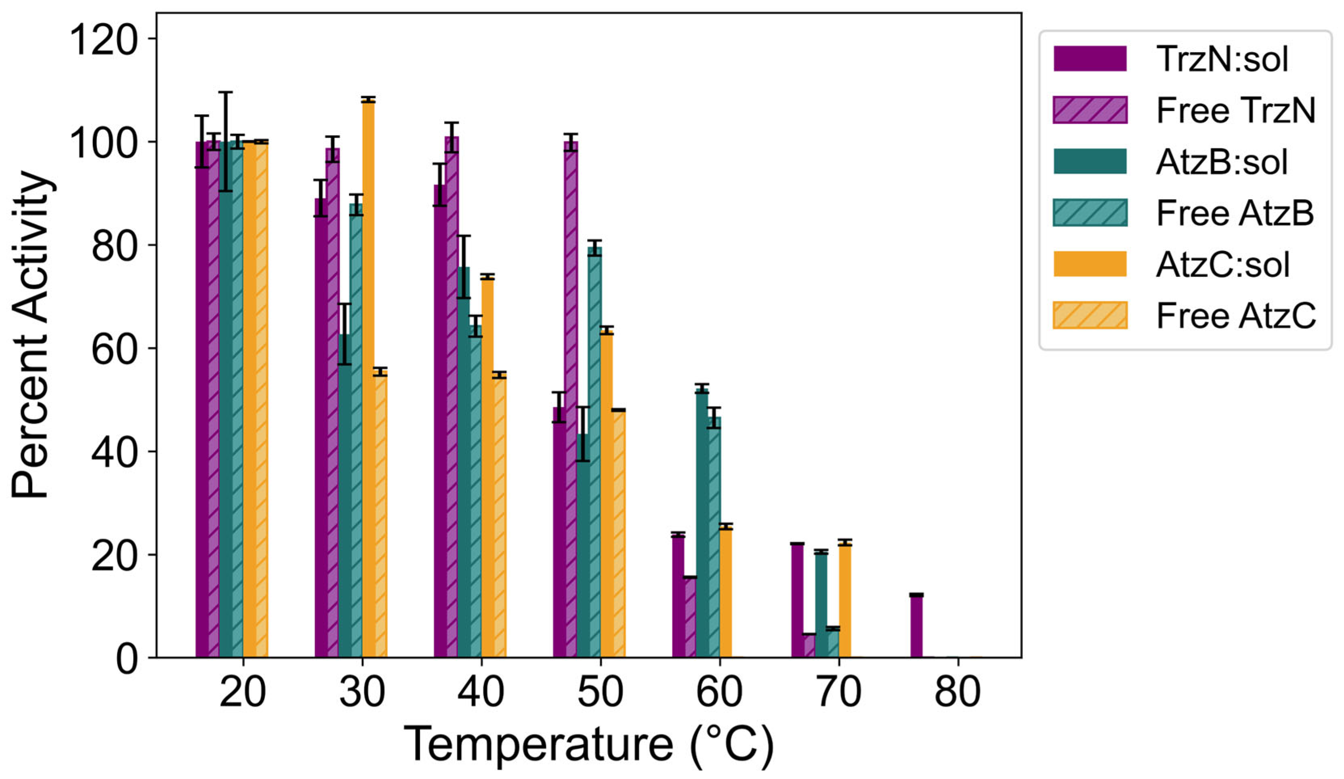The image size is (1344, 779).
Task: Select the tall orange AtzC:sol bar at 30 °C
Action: click(368, 373)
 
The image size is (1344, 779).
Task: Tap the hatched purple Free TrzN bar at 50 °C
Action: click(571, 400)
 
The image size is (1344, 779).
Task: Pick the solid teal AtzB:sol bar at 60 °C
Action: click(702, 523)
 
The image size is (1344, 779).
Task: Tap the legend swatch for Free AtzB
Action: click(1090, 213)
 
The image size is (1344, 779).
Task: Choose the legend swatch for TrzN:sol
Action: click(1090, 58)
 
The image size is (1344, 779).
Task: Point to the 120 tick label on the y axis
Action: click(104, 40)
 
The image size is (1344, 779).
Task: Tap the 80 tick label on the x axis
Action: click(958, 692)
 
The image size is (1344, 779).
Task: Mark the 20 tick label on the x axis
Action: click(243, 692)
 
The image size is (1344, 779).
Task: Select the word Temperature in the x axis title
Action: click(539, 744)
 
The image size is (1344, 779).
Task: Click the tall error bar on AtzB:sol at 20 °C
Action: click(226, 141)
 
